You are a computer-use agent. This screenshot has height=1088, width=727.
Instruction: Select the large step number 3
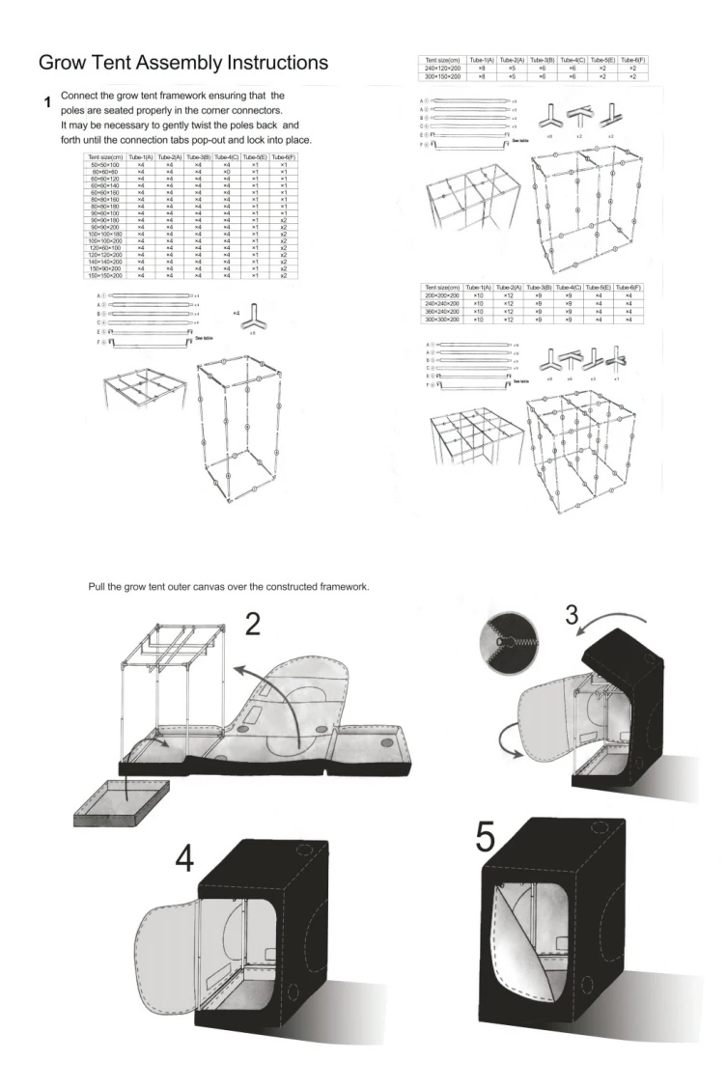pyautogui.click(x=573, y=615)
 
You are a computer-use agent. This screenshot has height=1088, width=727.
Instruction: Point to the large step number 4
pyautogui.click(x=184, y=858)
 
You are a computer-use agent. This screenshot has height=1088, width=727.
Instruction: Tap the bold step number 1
pyautogui.click(x=45, y=101)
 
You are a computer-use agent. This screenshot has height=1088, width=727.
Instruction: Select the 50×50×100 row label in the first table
pyautogui.click(x=103, y=166)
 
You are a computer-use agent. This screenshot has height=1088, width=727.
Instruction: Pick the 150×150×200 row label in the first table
pyautogui.click(x=103, y=276)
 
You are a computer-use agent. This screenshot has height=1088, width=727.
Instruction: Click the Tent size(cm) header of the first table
pyautogui.click(x=103, y=157)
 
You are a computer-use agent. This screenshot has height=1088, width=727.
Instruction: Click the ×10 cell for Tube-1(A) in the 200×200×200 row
pyautogui.click(x=478, y=295)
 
